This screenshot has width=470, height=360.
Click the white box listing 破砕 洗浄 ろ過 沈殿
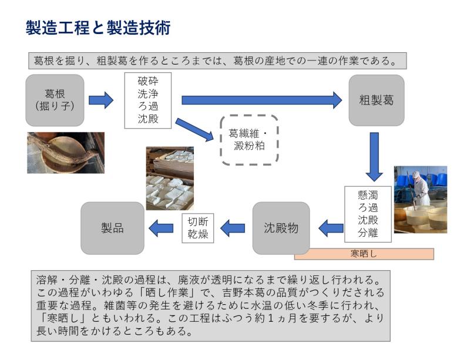point(147,100)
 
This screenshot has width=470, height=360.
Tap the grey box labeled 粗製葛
point(376,100)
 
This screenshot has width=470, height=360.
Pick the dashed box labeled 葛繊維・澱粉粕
point(249,140)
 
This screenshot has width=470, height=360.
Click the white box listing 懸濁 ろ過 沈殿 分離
point(367,214)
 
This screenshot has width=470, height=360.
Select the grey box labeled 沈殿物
point(281,228)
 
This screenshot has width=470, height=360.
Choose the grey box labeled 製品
point(112,228)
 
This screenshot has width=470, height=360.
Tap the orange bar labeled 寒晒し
point(364,254)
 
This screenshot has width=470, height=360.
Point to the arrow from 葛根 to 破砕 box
point(100,100)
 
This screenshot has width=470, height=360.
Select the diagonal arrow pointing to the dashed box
point(194,129)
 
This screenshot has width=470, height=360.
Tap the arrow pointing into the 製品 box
point(162,228)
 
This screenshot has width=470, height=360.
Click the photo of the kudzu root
point(65,153)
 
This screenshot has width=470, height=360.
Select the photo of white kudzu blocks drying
point(170,179)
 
